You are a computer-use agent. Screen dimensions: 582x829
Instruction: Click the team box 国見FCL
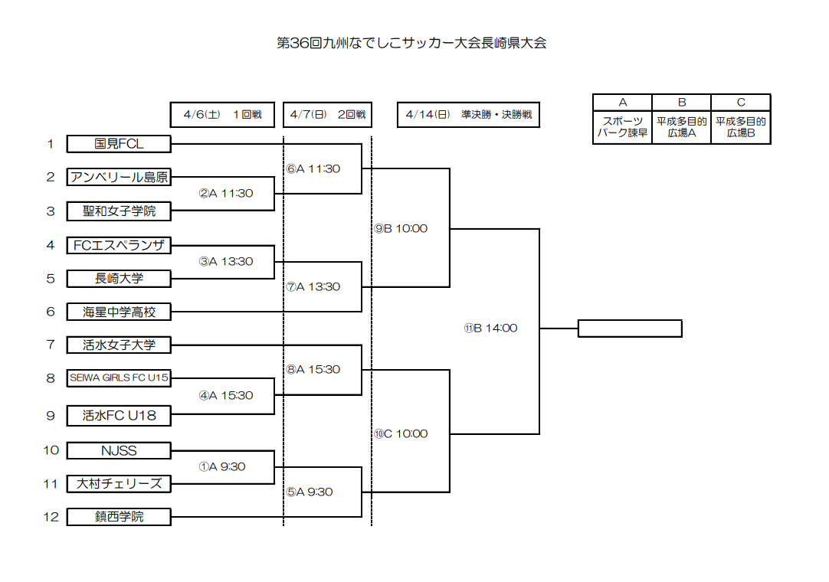[119, 144]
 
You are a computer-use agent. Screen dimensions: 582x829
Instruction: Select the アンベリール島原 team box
[119, 177]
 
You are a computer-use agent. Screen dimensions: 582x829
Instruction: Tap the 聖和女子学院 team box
[119, 211]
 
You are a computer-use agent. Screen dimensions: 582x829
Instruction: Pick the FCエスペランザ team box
[119, 245]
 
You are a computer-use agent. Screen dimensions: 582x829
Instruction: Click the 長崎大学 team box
[119, 278]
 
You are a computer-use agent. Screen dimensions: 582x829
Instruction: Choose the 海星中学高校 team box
[119, 312]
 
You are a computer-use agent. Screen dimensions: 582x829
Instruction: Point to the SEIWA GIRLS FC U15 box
[119, 378]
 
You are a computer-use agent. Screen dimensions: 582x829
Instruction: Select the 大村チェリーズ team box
[119, 483]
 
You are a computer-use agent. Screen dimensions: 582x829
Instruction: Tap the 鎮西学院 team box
[119, 517]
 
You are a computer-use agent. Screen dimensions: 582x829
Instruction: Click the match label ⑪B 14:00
[490, 328]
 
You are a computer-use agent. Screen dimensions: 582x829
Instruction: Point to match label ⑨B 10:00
[401, 228]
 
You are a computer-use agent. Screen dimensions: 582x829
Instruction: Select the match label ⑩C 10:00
[401, 433]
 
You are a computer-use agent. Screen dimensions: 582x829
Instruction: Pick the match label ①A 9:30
[222, 466]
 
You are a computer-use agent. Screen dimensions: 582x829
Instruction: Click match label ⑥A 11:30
[313, 168]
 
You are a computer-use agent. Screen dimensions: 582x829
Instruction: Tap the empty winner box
[629, 329]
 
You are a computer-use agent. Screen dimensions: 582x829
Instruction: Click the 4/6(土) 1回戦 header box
[223, 115]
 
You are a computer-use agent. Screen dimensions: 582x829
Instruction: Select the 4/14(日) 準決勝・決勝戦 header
[469, 115]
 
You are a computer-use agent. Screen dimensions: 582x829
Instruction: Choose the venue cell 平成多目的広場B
[741, 127]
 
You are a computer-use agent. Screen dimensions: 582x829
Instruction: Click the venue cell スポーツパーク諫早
[622, 127]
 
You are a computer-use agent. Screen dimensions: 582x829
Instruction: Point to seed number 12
[51, 517]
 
